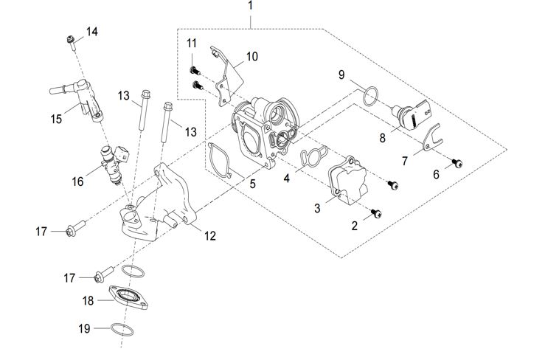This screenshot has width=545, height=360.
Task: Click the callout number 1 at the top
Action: (x=251, y=6)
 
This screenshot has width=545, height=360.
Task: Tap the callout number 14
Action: (x=91, y=31)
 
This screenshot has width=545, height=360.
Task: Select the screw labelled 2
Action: (x=379, y=212)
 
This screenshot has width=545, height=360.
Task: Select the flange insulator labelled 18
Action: (x=130, y=298)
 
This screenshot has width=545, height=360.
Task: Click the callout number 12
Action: (x=211, y=236)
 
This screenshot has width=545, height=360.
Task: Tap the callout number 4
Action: (x=287, y=177)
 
